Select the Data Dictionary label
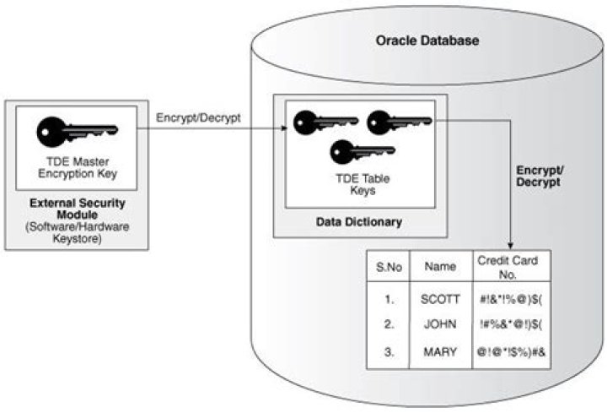[359, 222]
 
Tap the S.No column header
[387, 267]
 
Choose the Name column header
[440, 267]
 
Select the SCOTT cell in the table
[439, 298]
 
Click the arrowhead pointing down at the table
[513, 244]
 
